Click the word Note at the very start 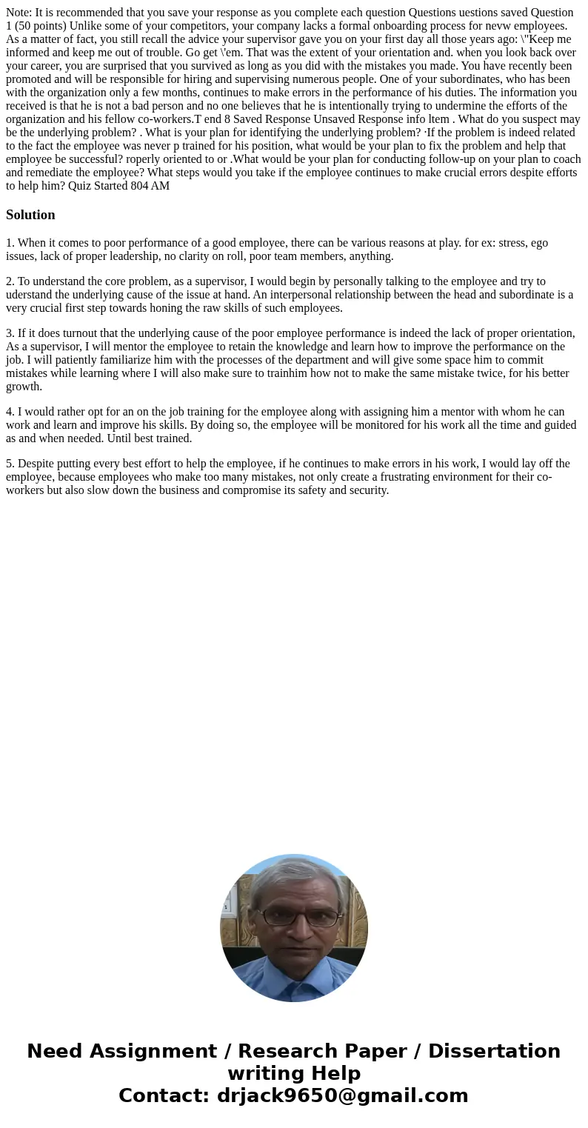19,13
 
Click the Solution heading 30,215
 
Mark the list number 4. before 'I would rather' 10,412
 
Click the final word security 367,490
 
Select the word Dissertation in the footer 494,1052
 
